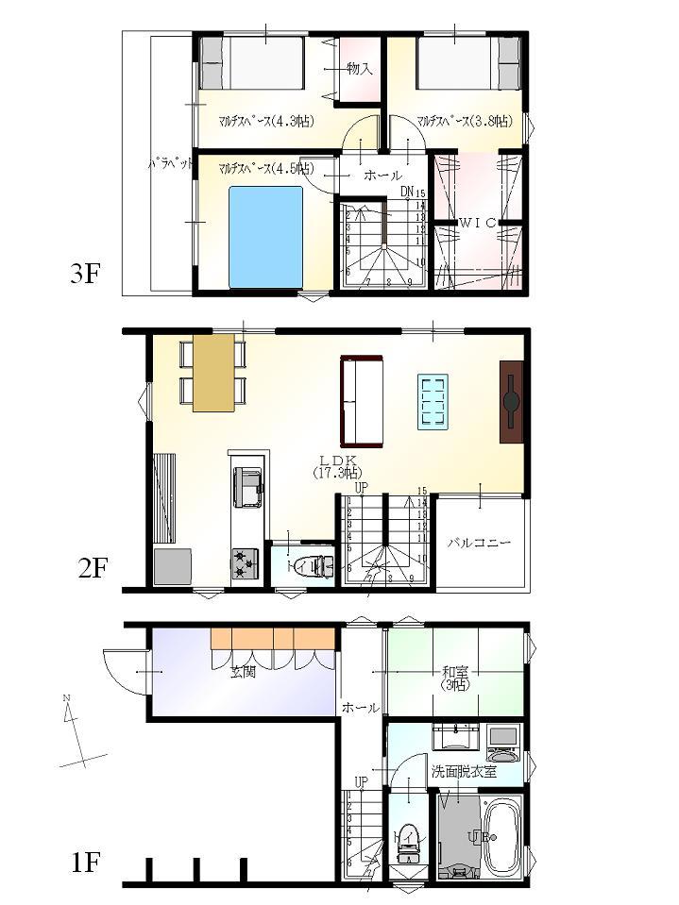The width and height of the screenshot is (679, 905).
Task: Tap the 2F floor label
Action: (x=93, y=568)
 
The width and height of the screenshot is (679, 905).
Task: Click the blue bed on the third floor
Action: (x=265, y=237)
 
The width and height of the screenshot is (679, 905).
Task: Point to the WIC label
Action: (x=478, y=223)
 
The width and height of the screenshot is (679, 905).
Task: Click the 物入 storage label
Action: (x=359, y=68)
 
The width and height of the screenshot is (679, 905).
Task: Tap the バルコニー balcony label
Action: (x=479, y=544)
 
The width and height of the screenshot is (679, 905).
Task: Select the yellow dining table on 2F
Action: (x=212, y=372)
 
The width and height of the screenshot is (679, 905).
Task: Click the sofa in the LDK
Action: (x=362, y=400)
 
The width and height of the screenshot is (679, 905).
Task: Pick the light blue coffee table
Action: (x=433, y=402)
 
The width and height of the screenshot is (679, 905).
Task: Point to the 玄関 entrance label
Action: (x=243, y=672)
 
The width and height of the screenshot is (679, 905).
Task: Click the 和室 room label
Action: (x=455, y=672)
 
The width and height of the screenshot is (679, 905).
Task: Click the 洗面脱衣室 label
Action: (x=465, y=771)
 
